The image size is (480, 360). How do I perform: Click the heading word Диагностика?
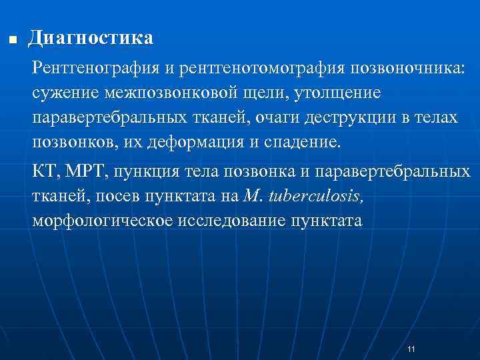tap(90, 37)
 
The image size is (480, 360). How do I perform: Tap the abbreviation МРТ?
tap(87, 171)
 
